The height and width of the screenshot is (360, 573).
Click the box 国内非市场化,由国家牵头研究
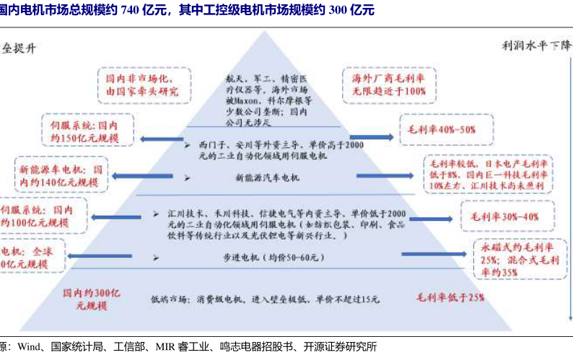click(x=142, y=84)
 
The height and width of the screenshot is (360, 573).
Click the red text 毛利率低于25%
click(x=449, y=297)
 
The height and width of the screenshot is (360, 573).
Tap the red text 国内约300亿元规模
click(x=92, y=299)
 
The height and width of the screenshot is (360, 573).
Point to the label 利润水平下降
click(x=535, y=45)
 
